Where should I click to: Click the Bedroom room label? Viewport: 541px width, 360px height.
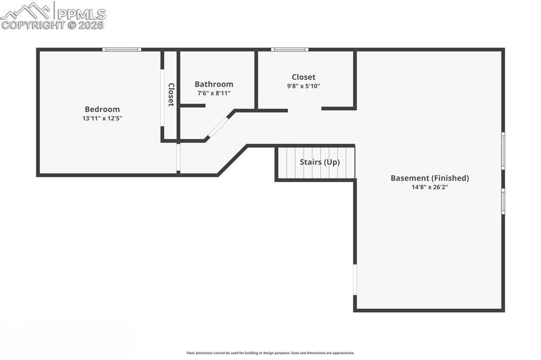tap(102, 109)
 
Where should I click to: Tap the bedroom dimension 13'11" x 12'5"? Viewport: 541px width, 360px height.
tap(102, 118)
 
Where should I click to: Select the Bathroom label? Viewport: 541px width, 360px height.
tap(213, 84)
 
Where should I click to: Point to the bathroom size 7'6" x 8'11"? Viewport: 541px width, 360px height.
tap(213, 93)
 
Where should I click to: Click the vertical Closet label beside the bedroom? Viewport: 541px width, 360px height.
tap(171, 94)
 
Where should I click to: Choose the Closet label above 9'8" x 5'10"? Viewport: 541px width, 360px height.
tap(303, 77)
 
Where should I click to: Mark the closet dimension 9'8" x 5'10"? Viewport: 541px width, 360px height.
tap(303, 86)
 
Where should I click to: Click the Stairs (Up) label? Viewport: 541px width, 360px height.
tap(320, 162)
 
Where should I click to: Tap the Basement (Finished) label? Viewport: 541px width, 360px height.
tap(430, 178)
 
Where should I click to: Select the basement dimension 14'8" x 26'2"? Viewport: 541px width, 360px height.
tap(430, 187)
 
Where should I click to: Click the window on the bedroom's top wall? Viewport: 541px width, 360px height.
tap(122, 50)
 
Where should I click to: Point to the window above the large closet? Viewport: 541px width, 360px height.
tap(290, 50)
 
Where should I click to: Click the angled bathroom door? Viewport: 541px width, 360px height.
tap(217, 127)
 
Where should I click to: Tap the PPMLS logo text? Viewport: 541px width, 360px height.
tap(81, 14)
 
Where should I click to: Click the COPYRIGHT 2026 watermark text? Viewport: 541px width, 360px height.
tap(53, 25)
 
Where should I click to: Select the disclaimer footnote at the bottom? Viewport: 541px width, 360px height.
tap(270, 353)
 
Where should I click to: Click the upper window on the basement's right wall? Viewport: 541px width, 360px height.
tap(503, 150)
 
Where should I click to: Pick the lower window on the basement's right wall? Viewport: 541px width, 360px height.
tap(503, 201)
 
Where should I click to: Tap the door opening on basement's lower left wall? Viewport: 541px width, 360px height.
tap(355, 280)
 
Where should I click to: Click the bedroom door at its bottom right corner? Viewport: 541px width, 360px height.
tap(179, 158)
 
